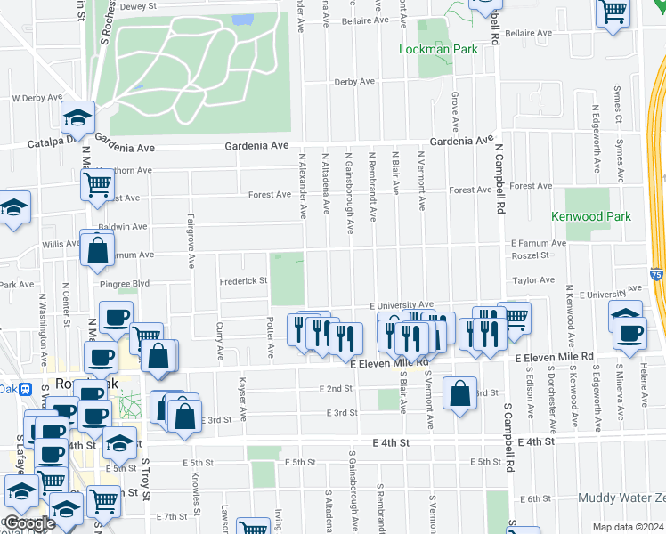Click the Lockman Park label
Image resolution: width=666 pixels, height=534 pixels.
click(x=439, y=51)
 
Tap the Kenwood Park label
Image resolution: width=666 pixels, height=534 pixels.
click(x=591, y=216)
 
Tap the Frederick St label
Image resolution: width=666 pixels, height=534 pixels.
click(x=244, y=280)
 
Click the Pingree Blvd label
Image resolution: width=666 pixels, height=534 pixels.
click(x=124, y=284)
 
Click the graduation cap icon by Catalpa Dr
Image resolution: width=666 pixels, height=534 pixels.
click(x=78, y=117)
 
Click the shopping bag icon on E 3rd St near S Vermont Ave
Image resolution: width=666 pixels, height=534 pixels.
click(x=459, y=394)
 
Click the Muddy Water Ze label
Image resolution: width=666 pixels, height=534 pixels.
click(x=621, y=498)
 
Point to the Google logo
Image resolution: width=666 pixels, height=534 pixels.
click(x=30, y=523)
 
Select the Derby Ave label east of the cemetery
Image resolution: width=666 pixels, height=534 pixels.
click(x=353, y=82)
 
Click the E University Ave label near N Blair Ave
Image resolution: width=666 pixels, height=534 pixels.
click(x=401, y=304)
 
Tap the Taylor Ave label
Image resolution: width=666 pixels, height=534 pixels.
click(x=533, y=279)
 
